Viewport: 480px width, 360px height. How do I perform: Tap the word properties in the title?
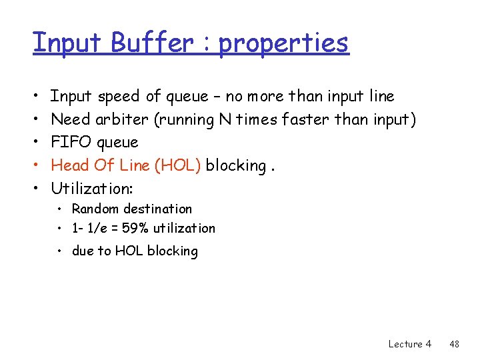pos(283,44)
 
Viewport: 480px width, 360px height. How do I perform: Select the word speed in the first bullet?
pos(119,97)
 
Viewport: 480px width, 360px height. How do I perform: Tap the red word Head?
pos(69,165)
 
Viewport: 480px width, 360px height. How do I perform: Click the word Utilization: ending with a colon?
pos(92,187)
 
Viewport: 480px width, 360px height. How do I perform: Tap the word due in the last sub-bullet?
pos(83,251)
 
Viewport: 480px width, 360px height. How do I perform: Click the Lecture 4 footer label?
pos(409,344)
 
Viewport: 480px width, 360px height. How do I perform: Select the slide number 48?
pos(455,344)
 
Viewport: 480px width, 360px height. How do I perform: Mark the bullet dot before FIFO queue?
pos(35,142)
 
